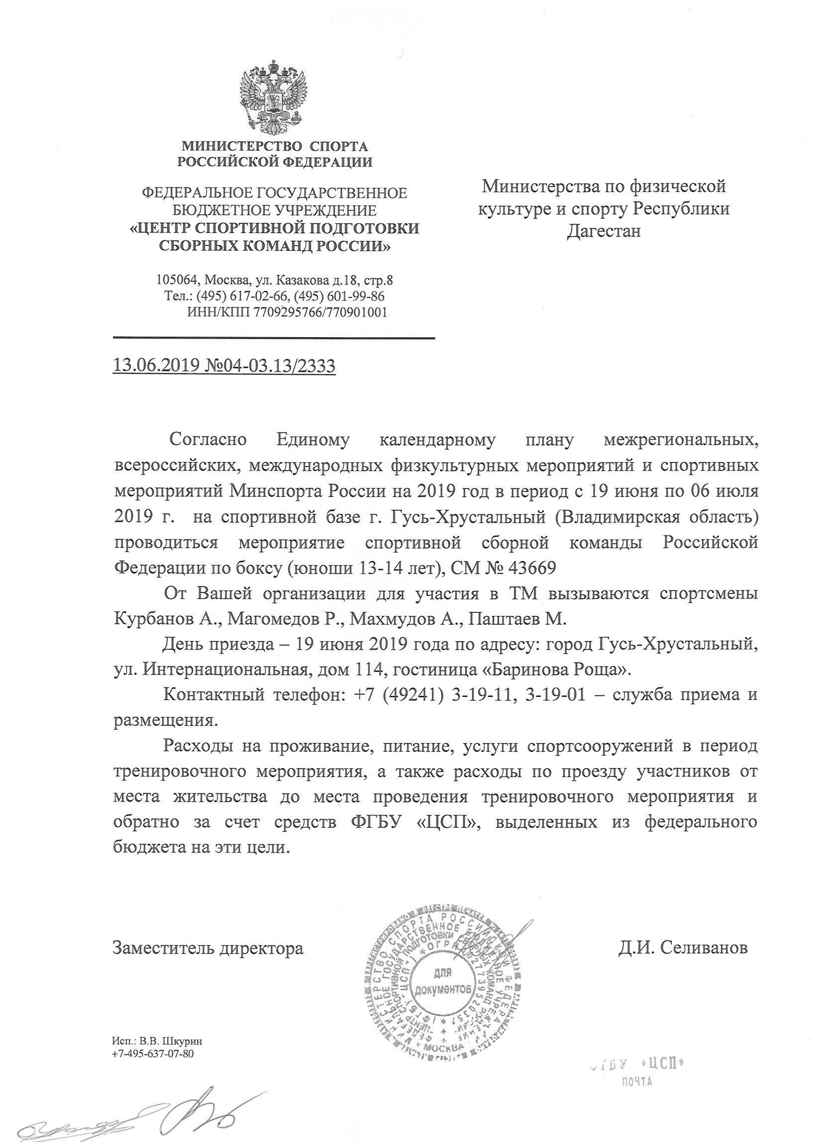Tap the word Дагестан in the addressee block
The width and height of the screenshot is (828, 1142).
604,231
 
